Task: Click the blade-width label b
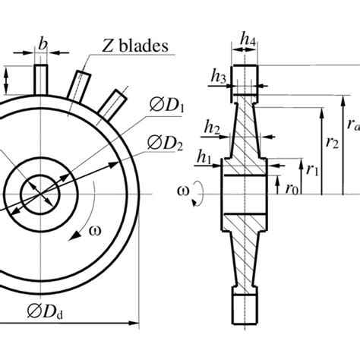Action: pos(42,46)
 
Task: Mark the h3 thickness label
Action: pos(219,76)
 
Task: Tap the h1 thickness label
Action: pos(205,157)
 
